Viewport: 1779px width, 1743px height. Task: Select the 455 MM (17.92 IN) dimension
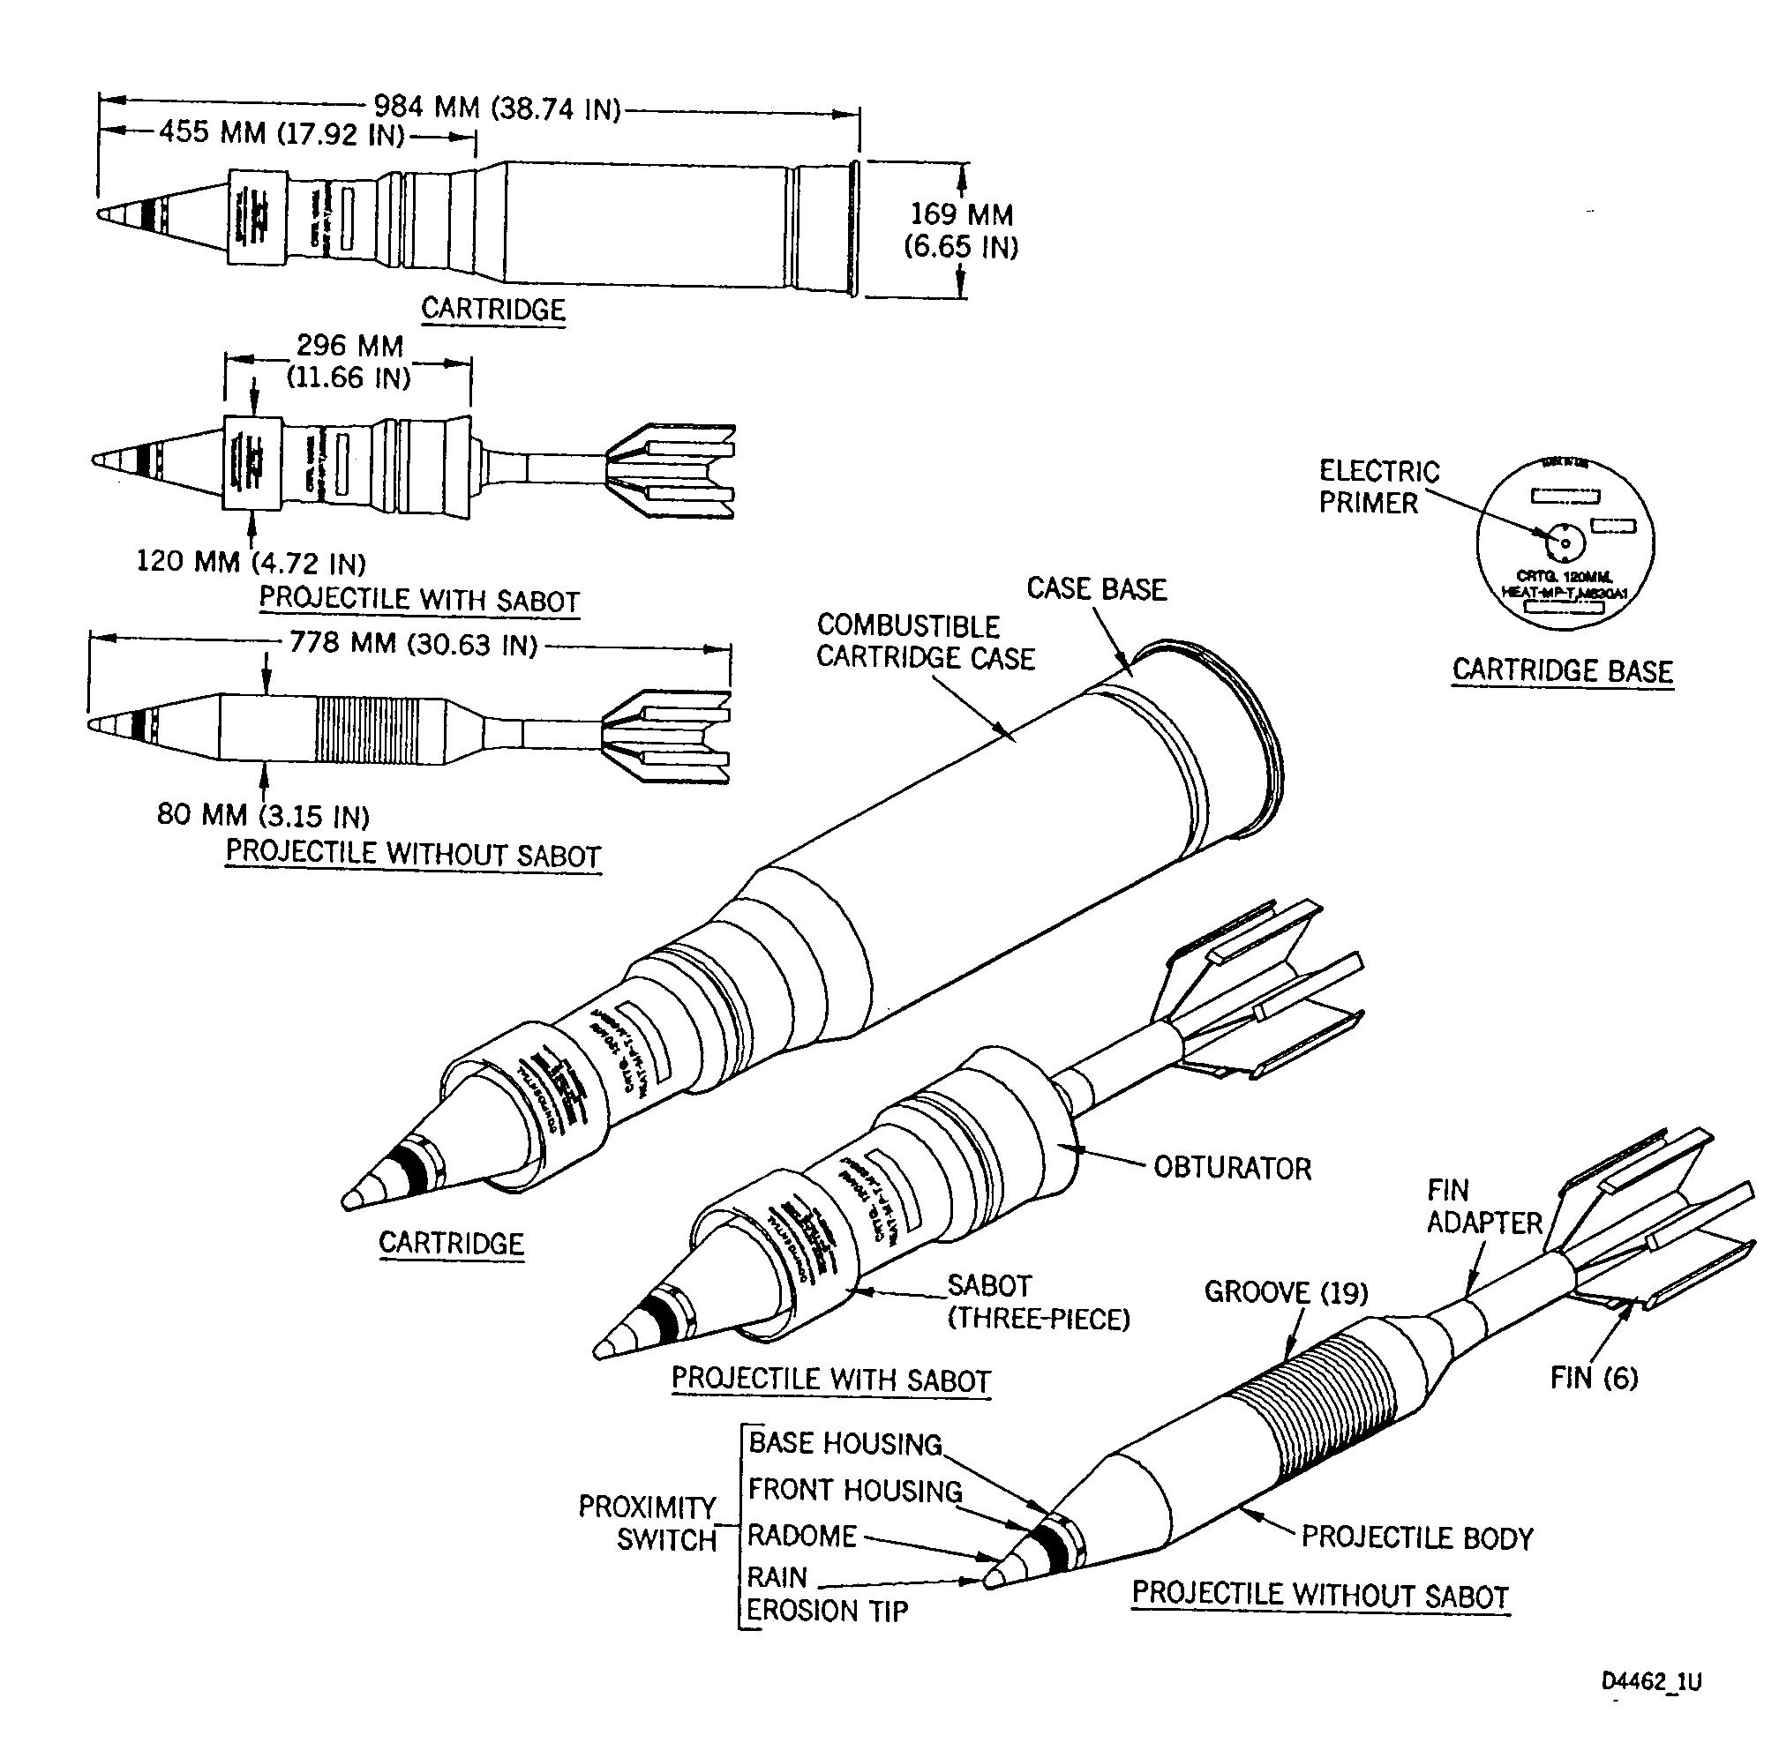[x=282, y=135]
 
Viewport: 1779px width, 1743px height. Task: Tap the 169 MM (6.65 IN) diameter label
[x=960, y=231]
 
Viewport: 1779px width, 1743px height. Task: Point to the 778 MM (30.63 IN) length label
[x=413, y=644]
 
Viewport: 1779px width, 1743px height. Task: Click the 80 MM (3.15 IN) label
[x=263, y=814]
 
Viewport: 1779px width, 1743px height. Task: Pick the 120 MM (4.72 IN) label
[x=251, y=560]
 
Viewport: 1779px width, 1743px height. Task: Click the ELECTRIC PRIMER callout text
[x=1378, y=487]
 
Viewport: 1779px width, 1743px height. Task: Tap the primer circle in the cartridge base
[x=1564, y=543]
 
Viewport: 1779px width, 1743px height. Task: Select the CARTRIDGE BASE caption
[x=1562, y=671]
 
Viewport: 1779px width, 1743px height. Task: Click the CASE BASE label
[x=1096, y=588]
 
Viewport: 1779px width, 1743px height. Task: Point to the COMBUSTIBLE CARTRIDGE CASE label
[x=925, y=642]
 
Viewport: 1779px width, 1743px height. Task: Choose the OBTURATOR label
[x=1232, y=1167]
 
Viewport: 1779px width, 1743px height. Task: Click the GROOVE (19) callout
[x=1285, y=1291]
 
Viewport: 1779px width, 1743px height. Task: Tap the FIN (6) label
[x=1593, y=1377]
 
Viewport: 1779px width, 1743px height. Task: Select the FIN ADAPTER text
[x=1483, y=1206]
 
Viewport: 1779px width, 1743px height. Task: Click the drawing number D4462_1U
[x=1651, y=1681]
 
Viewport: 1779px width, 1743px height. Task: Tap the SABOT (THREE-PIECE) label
[x=1039, y=1303]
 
